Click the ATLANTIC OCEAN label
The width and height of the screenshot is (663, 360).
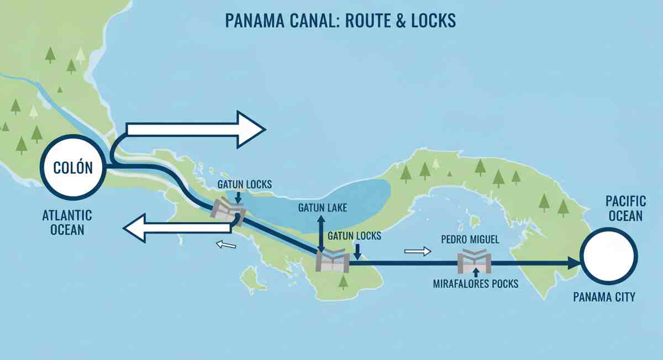point(67,222)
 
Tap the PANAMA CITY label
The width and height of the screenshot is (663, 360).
point(604,297)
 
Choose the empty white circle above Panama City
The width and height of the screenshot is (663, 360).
point(609,257)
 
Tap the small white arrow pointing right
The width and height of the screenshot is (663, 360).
point(418,251)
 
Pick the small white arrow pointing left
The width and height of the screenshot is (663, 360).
point(226,245)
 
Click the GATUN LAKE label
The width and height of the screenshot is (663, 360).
point(323,208)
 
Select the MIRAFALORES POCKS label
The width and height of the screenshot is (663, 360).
point(475,284)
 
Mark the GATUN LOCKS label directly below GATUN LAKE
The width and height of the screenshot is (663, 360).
point(354,236)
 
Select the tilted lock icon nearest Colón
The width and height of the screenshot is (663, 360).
point(227,210)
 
